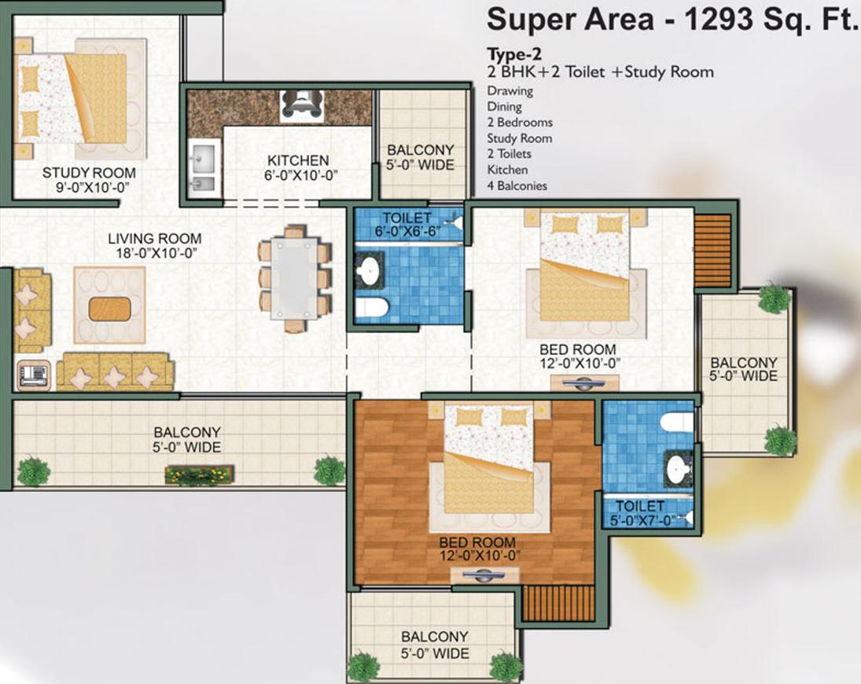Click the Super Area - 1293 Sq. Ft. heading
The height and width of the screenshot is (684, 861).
pyautogui.click(x=672, y=20)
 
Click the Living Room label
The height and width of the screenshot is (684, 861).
pyautogui.click(x=155, y=245)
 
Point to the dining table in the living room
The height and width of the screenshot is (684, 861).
pyautogui.click(x=294, y=278)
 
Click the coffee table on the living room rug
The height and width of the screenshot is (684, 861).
pyautogui.click(x=110, y=309)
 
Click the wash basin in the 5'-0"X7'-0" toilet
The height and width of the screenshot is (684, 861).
pyautogui.click(x=677, y=470)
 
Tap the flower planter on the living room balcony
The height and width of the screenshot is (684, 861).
pyautogui.click(x=199, y=474)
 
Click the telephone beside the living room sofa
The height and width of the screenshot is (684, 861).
pyautogui.click(x=33, y=374)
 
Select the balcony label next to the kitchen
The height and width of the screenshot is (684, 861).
pyautogui.click(x=421, y=156)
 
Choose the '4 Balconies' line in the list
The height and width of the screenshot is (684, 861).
pyautogui.click(x=517, y=186)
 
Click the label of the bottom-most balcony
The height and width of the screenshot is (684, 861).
pyautogui.click(x=435, y=645)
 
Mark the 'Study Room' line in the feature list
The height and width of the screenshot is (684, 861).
pyautogui.click(x=519, y=138)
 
